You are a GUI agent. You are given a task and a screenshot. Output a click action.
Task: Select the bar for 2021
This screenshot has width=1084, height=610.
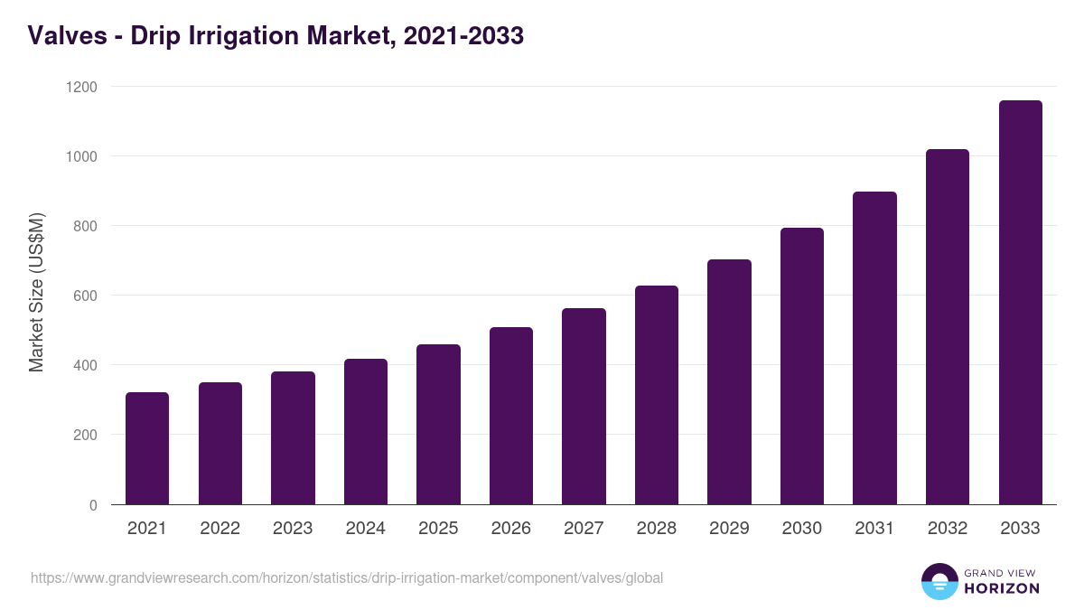click(147, 448)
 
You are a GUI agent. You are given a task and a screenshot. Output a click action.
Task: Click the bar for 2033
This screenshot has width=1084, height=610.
click(1020, 303)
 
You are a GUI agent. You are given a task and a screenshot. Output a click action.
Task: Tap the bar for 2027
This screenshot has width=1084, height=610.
click(584, 407)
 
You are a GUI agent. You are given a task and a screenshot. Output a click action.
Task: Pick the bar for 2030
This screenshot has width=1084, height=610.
click(802, 366)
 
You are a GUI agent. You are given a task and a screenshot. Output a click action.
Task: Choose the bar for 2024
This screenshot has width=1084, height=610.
click(366, 432)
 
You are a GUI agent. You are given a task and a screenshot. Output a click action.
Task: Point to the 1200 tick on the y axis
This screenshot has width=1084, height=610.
click(80, 87)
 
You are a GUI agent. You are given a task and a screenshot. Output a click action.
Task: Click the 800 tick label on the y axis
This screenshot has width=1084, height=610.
click(85, 226)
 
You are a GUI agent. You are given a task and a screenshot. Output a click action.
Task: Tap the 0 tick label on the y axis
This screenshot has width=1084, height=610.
click(93, 505)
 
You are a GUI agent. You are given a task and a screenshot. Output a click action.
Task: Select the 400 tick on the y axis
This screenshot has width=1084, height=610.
click(85, 365)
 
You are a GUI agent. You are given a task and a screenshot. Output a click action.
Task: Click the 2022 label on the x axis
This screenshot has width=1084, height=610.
click(220, 529)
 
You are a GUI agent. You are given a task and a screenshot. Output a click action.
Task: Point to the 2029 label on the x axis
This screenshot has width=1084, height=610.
click(729, 529)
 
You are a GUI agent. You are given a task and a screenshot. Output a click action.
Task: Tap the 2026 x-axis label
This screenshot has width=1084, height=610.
click(511, 529)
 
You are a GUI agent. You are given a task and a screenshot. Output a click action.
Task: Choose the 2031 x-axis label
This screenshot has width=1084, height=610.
click(874, 529)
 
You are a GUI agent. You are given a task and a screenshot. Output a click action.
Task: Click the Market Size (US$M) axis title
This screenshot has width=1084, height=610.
click(36, 293)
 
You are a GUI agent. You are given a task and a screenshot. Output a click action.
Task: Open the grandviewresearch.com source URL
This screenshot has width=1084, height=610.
click(347, 577)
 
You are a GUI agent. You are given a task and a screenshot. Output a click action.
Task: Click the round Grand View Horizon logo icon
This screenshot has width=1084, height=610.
click(939, 581)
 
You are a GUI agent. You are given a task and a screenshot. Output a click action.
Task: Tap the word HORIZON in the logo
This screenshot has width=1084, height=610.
click(1002, 588)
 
